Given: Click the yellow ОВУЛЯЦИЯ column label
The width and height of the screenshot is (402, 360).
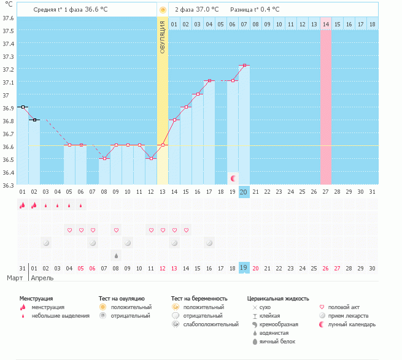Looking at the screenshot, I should (x=162, y=37).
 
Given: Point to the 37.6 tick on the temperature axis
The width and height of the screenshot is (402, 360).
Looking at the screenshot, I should (x=8, y=17).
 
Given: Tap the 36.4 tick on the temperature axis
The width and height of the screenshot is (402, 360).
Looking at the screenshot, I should (x=8, y=173).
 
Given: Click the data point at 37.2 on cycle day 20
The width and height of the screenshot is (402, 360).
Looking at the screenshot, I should (x=244, y=65).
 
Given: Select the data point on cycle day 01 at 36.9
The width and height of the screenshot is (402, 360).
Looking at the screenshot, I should (x=23, y=107).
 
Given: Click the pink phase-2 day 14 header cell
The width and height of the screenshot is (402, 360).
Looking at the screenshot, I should (x=325, y=24).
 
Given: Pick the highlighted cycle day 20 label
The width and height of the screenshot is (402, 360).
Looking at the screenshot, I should (x=244, y=192).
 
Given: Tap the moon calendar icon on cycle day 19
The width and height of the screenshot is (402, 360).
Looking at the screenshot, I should (x=233, y=178).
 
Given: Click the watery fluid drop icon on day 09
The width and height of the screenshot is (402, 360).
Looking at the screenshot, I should (x=115, y=255).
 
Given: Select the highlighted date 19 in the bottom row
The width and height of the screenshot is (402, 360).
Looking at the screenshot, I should (x=244, y=268).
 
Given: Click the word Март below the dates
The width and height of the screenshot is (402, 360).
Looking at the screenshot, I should (x=15, y=278).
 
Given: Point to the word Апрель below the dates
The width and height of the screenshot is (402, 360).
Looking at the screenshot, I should (x=42, y=278).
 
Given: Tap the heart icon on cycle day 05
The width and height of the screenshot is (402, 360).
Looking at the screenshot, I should (x=69, y=230).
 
